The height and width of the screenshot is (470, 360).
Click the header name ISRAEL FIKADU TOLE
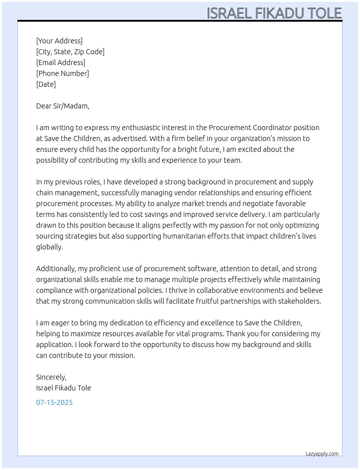274,13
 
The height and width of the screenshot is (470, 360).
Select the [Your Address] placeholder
59,41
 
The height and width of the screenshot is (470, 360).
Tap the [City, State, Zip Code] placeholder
70,52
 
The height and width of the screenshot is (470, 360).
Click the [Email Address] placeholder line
61,63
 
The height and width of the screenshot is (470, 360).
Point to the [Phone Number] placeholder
63,73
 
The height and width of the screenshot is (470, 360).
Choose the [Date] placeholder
46,84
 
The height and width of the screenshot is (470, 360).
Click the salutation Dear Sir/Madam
63,106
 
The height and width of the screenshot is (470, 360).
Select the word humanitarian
184,236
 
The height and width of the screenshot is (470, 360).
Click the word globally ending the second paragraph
49,247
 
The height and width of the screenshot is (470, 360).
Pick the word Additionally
56,269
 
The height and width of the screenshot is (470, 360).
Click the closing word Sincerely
51,377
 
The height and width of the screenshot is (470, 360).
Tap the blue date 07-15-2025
54,402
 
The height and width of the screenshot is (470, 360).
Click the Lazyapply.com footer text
322,454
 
